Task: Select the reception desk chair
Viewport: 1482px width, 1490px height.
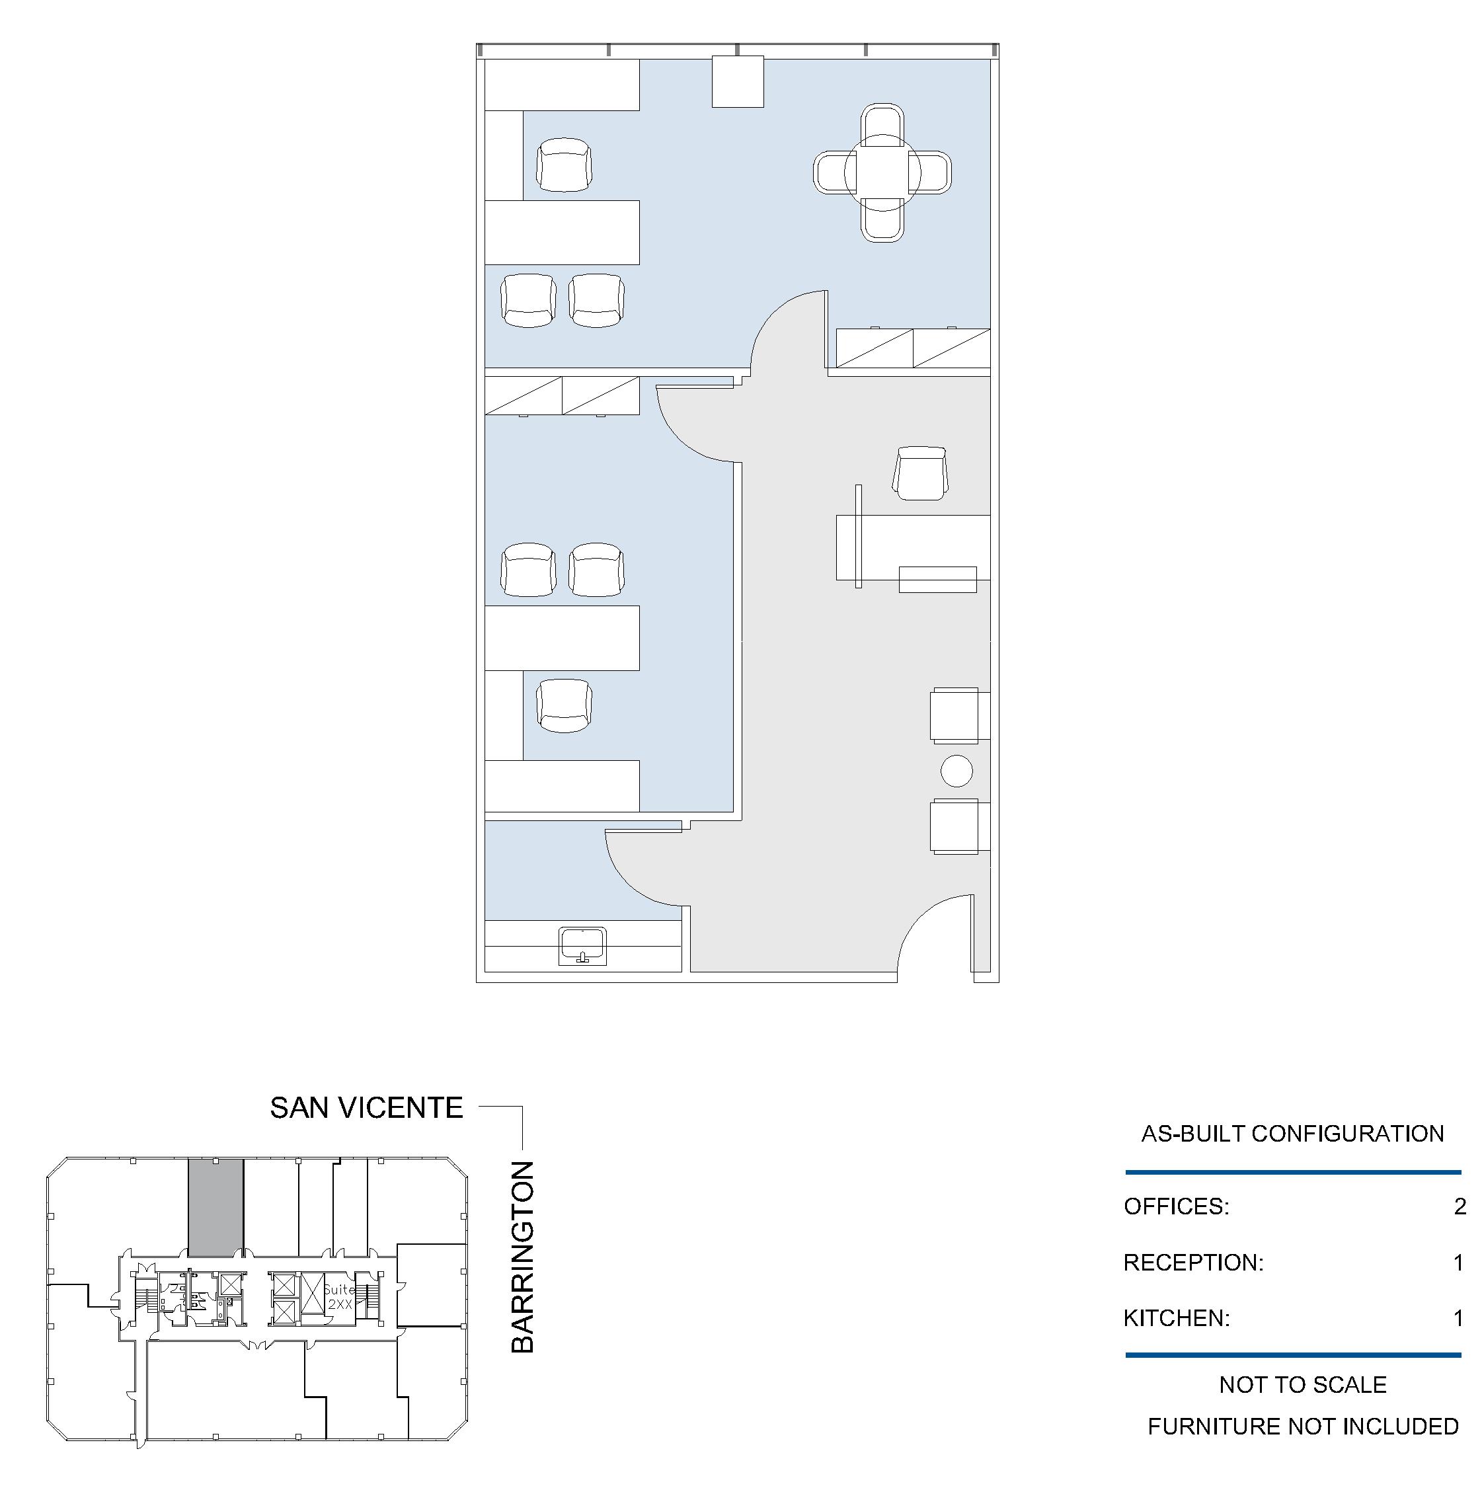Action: (920, 473)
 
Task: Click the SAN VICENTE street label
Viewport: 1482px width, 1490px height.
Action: (366, 1108)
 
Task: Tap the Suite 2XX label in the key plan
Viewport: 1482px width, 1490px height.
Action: (339, 1296)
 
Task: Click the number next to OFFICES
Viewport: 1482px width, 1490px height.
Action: (1459, 1206)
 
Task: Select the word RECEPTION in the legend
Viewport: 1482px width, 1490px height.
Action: (1193, 1263)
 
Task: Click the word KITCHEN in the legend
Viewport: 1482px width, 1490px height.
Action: (1176, 1318)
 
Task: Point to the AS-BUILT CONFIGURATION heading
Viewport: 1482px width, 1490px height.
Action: (1292, 1134)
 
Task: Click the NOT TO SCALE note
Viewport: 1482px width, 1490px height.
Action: (1302, 1384)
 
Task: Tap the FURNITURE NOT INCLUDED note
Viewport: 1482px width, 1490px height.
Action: (1302, 1426)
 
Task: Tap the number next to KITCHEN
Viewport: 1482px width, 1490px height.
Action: (1458, 1318)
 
